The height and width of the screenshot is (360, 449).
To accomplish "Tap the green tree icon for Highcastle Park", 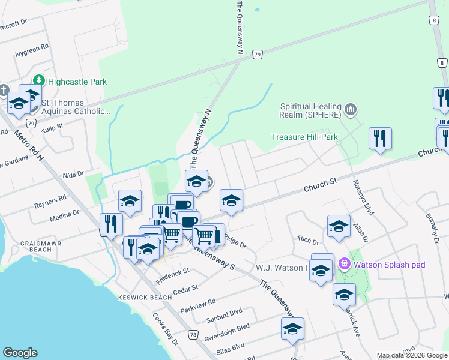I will (40, 80).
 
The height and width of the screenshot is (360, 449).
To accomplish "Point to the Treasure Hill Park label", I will (304, 137).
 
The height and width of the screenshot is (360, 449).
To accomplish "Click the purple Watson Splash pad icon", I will (344, 263).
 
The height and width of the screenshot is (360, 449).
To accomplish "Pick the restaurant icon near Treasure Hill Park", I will (379, 138).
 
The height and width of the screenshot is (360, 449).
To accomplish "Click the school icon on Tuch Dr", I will (339, 226).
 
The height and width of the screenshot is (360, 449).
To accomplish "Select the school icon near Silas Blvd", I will (292, 328).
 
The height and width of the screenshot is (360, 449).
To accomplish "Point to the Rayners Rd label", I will (50, 199).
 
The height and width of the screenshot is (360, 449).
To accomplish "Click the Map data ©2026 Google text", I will (411, 355).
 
